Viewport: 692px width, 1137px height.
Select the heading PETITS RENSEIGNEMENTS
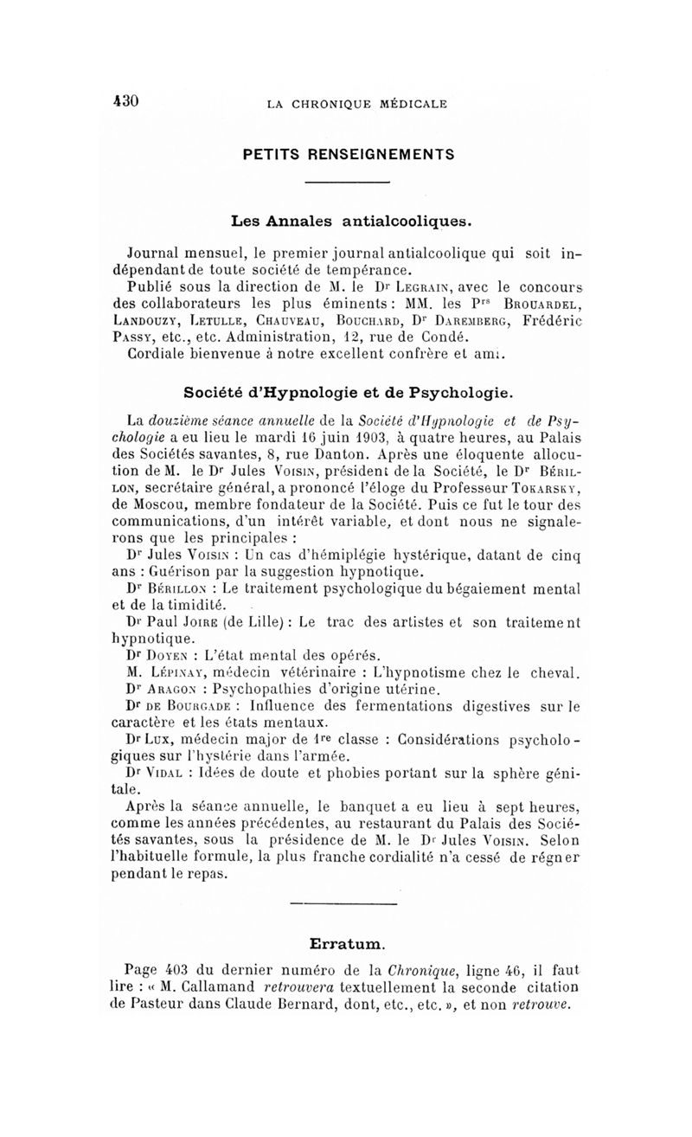348,155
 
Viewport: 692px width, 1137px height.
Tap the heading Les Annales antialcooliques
349,220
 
